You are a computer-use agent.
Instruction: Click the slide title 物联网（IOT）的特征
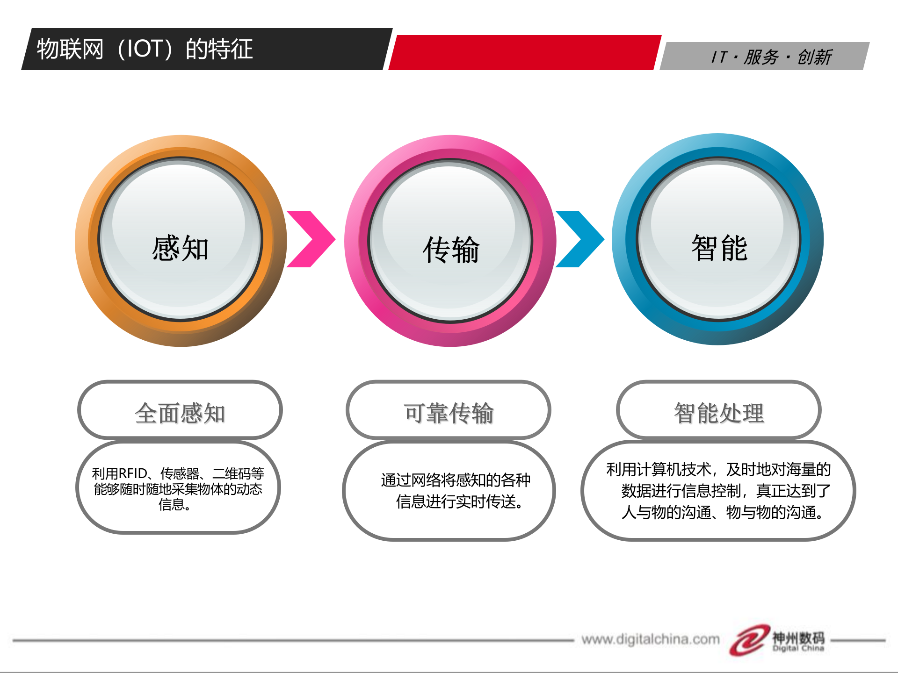145,49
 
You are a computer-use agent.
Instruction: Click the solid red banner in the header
524,52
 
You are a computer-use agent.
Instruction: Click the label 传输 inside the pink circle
451,250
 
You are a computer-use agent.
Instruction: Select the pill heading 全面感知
180,413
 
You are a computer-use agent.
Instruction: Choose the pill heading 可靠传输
449,413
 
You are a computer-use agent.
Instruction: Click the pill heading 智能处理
719,413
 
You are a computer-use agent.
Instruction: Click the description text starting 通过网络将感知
456,490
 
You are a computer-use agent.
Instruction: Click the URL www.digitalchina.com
650,639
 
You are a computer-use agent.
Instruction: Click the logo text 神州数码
798,637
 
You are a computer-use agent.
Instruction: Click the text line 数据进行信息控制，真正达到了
725,491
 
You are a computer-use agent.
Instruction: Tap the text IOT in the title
145,49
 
